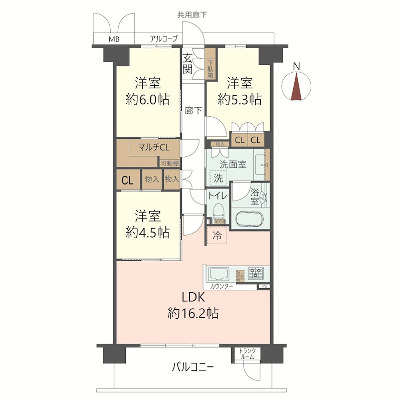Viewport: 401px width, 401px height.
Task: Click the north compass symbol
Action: tap(297, 85)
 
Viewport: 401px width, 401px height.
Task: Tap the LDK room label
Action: tap(192, 296)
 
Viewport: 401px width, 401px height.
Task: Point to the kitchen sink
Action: tap(219, 274)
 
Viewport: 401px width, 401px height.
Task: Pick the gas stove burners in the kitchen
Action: tap(256, 274)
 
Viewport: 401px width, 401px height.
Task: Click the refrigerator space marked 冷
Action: tap(217, 235)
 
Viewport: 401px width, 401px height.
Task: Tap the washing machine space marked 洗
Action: tap(218, 177)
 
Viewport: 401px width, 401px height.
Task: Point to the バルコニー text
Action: tap(193, 367)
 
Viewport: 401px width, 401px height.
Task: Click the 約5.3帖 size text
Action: tap(239, 99)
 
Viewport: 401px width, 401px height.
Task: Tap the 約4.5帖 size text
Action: tap(147, 233)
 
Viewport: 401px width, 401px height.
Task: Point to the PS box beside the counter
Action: tap(265, 287)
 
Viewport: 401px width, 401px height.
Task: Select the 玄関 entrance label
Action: tap(187, 63)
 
